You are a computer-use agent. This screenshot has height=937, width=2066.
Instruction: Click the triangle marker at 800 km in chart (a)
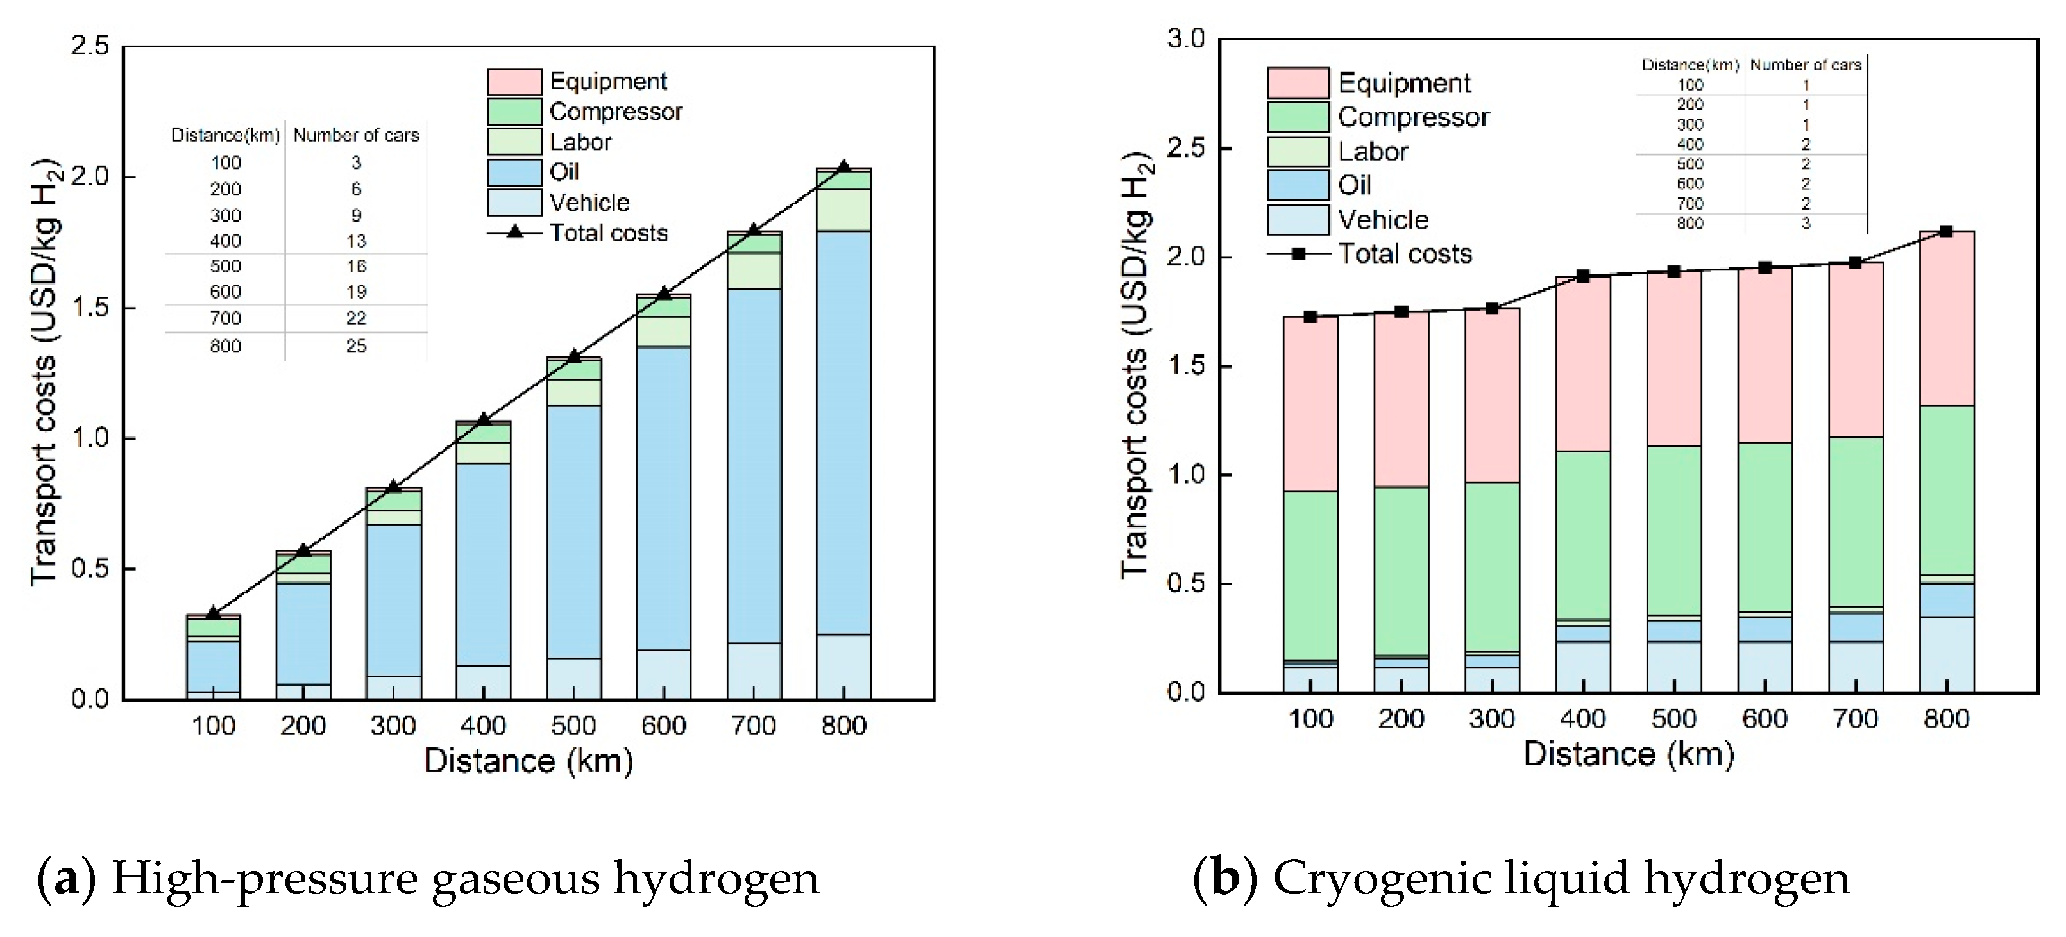pos(843,167)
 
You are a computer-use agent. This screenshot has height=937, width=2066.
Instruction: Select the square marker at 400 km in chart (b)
pos(1582,276)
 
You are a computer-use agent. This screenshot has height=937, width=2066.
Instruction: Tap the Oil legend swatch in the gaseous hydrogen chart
pos(514,172)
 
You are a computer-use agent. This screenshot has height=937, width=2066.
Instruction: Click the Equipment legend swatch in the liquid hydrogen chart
pos(1297,83)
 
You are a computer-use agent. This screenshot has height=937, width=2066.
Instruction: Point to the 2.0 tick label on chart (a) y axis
pos(90,176)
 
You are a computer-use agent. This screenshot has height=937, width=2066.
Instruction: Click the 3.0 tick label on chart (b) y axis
pos(1185,38)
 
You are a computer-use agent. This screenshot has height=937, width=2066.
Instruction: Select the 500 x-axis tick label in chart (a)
pos(573,726)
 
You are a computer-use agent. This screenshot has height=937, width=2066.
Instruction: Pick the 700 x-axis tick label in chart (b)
pos(1855,719)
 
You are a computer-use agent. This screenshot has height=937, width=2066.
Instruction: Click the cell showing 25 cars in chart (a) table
pos(356,346)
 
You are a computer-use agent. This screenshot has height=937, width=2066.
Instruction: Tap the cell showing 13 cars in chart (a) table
pos(356,241)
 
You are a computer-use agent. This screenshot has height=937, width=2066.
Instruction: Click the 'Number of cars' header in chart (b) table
pos(1806,65)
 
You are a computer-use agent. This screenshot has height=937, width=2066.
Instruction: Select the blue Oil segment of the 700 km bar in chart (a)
pos(754,465)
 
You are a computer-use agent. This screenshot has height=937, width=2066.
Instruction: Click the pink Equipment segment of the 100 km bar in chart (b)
pos(1310,405)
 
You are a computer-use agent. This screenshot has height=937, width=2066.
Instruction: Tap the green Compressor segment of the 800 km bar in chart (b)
pos(1947,489)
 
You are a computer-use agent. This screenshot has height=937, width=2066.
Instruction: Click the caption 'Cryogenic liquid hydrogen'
pos(1561,879)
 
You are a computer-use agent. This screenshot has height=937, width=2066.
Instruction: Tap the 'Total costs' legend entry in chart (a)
pos(608,233)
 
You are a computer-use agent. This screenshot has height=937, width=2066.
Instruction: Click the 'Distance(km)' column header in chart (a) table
pos(225,135)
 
